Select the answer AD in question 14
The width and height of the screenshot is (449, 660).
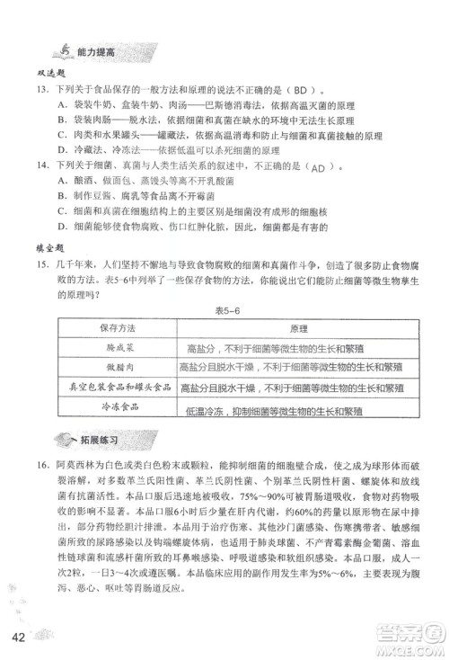point(320,167)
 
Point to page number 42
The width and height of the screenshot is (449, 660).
point(20,639)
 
